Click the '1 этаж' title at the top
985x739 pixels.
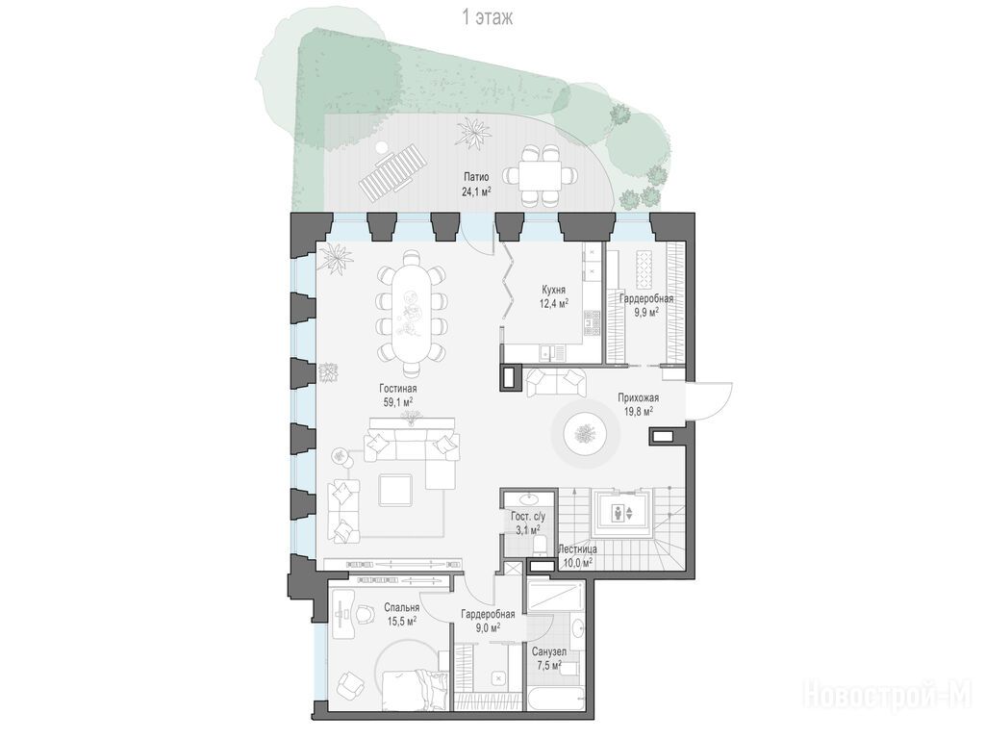pos(488,17)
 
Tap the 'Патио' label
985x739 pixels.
pos(476,177)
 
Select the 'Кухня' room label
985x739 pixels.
pos(553,290)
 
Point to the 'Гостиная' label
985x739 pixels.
pos(397,389)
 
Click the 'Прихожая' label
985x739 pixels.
pos(639,397)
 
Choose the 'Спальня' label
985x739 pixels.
pos(402,608)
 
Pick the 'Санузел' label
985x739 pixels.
pos(548,652)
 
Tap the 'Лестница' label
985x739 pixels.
pos(578,549)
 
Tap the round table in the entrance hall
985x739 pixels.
pos(584,433)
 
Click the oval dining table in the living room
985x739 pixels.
pos(412,312)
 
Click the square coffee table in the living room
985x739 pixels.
pos(395,491)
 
